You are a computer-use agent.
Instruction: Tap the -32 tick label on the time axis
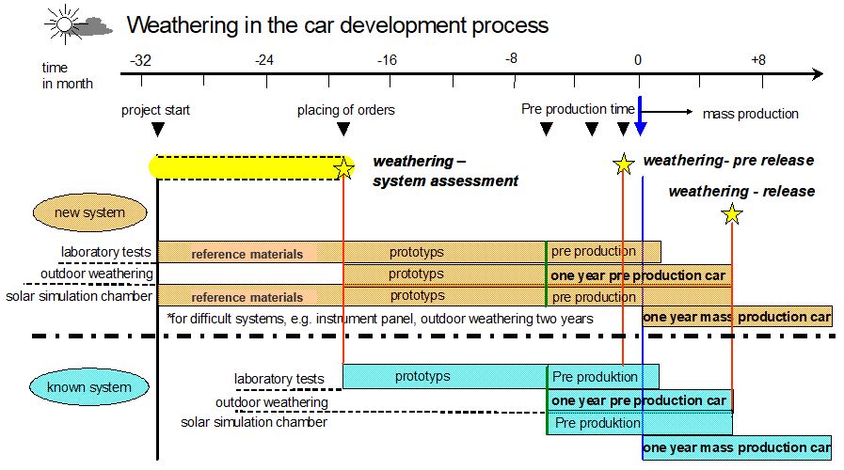point(140,60)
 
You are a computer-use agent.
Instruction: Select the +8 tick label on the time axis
point(759,60)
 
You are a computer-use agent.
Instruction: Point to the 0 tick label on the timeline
point(638,60)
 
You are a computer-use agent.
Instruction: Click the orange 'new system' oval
point(90,212)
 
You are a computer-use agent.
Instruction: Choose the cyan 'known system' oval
point(91,385)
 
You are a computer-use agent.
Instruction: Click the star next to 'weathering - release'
point(732,215)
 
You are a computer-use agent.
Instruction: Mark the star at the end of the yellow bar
point(344,168)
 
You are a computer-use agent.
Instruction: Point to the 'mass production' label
point(750,114)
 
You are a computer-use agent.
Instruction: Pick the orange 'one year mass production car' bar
point(737,317)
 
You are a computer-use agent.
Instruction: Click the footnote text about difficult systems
point(380,319)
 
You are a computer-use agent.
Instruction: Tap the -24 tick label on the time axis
point(263,60)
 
